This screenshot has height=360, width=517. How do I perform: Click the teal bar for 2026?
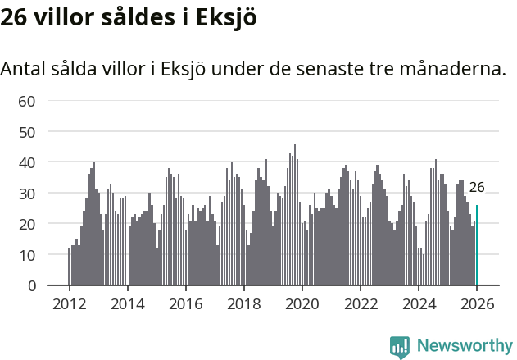click(477, 246)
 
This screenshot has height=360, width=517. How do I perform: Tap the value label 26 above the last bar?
click(477, 187)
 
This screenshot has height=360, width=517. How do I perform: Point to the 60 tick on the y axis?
click(27, 101)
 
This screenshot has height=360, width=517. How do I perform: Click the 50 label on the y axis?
click(27, 132)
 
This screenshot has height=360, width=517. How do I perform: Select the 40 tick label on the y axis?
click(27, 162)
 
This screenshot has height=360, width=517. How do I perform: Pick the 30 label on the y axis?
click(27, 194)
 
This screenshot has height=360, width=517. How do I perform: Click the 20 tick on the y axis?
click(27, 224)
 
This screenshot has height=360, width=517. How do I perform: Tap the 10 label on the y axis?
click(27, 255)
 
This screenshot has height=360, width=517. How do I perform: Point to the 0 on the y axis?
click(32, 286)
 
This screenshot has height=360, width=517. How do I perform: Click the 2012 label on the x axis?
click(69, 304)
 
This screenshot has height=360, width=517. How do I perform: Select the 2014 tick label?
click(127, 304)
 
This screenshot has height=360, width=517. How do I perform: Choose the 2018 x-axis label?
click(243, 304)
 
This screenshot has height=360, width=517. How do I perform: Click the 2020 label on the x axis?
click(302, 304)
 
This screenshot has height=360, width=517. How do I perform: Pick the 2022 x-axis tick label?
click(361, 304)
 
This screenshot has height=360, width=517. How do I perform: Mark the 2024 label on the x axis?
click(419, 304)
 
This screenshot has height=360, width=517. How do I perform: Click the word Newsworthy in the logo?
click(465, 346)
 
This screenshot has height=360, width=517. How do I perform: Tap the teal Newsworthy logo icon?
click(400, 347)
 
